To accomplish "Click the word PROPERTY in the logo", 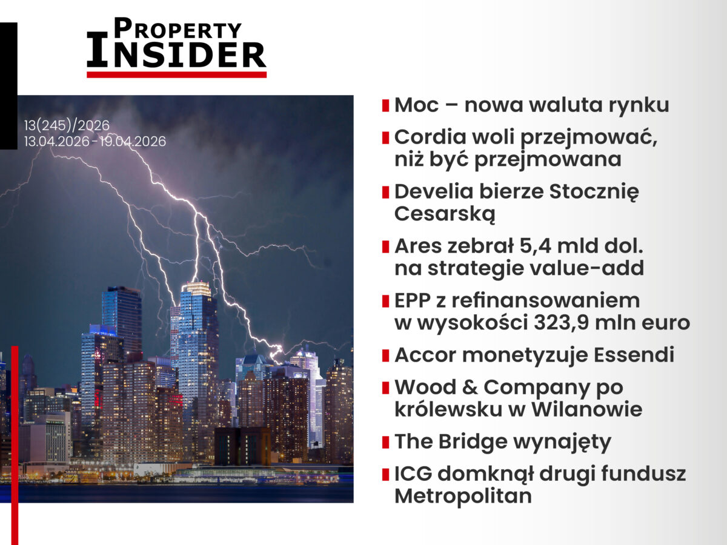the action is click(x=178, y=28).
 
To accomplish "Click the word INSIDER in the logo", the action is click(x=176, y=51).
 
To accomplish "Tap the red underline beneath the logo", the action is click(x=176, y=74).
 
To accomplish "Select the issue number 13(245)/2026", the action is click(x=67, y=126).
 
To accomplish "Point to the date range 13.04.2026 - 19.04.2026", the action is click(x=95, y=142).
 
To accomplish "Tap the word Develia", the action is click(x=434, y=191).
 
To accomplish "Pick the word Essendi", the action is click(x=634, y=355).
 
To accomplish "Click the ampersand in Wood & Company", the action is click(x=470, y=387).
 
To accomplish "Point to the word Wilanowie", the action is click(x=587, y=409).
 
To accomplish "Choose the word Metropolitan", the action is click(x=463, y=496).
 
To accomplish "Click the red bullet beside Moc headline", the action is click(x=385, y=105).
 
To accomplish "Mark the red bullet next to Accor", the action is click(x=385, y=355).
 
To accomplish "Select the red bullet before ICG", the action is click(x=385, y=474).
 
